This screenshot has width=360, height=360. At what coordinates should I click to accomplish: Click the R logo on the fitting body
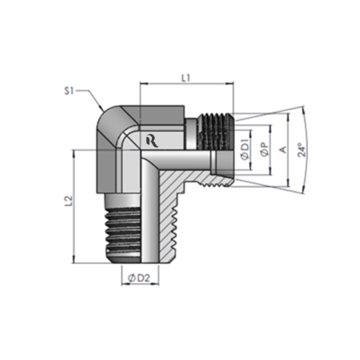150,139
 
